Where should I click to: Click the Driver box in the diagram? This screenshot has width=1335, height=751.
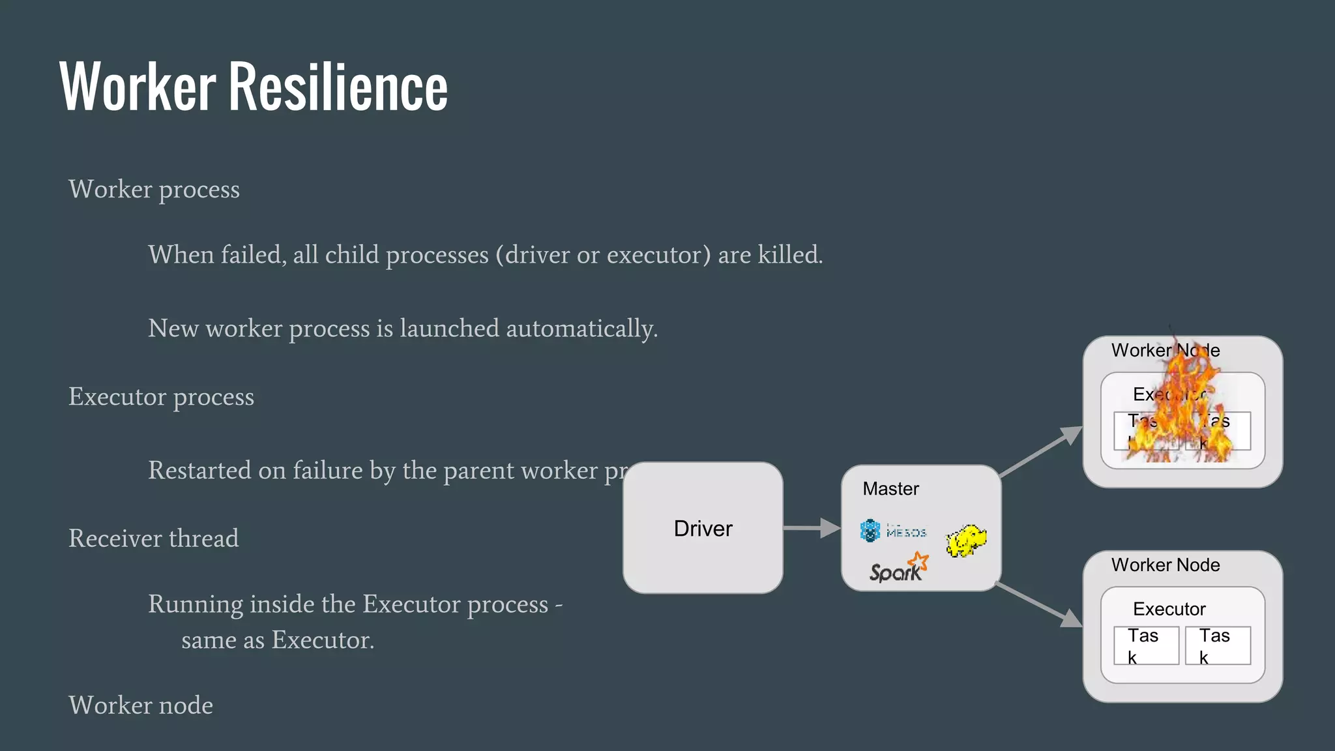coord(703,528)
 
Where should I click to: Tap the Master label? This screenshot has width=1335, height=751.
coord(890,489)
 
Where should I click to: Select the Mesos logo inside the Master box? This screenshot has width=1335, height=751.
coord(892,531)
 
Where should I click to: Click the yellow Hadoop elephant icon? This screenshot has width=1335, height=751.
coord(966,540)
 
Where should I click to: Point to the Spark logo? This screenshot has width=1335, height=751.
coord(898,568)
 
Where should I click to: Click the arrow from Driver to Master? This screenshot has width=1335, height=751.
coord(811,528)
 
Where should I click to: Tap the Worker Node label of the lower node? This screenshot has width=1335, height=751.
coord(1166,565)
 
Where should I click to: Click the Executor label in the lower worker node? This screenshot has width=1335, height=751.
coord(1169,609)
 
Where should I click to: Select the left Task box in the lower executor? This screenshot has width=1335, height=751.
coord(1146,645)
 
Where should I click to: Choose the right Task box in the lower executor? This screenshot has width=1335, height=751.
coord(1218,645)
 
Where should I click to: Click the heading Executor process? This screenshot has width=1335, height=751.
coord(161,397)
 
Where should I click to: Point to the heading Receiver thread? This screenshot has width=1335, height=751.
coord(154,538)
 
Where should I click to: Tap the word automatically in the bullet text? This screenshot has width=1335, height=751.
coord(581,329)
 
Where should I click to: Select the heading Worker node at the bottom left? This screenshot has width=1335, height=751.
coord(141,705)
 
